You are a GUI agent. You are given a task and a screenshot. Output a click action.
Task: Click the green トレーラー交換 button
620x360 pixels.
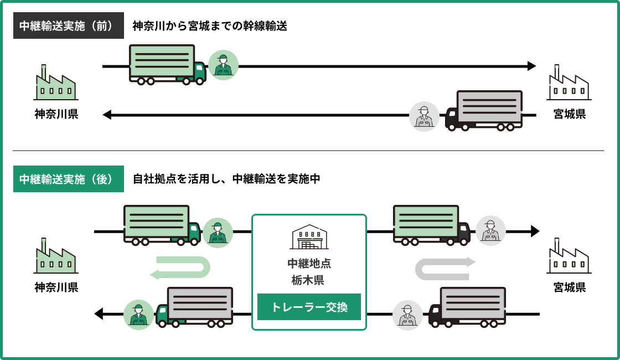(309, 307)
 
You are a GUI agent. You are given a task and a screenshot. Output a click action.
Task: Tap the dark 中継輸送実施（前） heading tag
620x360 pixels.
(68, 25)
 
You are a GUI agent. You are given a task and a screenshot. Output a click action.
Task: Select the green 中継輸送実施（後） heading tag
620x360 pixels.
(68, 179)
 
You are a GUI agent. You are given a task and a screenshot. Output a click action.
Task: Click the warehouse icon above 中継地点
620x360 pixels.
(309, 237)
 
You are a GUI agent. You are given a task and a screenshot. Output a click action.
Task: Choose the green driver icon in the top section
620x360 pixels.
(224, 65)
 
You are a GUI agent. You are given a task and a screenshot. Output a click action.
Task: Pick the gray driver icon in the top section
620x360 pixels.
(424, 116)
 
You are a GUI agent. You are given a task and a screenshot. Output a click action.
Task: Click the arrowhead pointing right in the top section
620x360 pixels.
(532, 66)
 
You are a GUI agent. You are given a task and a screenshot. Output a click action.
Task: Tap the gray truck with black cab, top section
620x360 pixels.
(484, 111)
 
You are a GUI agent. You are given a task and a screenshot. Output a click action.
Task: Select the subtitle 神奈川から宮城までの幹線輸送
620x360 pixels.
(210, 25)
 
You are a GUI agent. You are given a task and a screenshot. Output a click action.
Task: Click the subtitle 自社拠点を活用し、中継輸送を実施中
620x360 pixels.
(226, 179)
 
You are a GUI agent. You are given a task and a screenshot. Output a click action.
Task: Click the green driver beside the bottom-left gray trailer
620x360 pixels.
(138, 315)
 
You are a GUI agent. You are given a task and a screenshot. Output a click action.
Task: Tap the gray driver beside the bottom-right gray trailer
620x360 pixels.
(407, 316)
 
